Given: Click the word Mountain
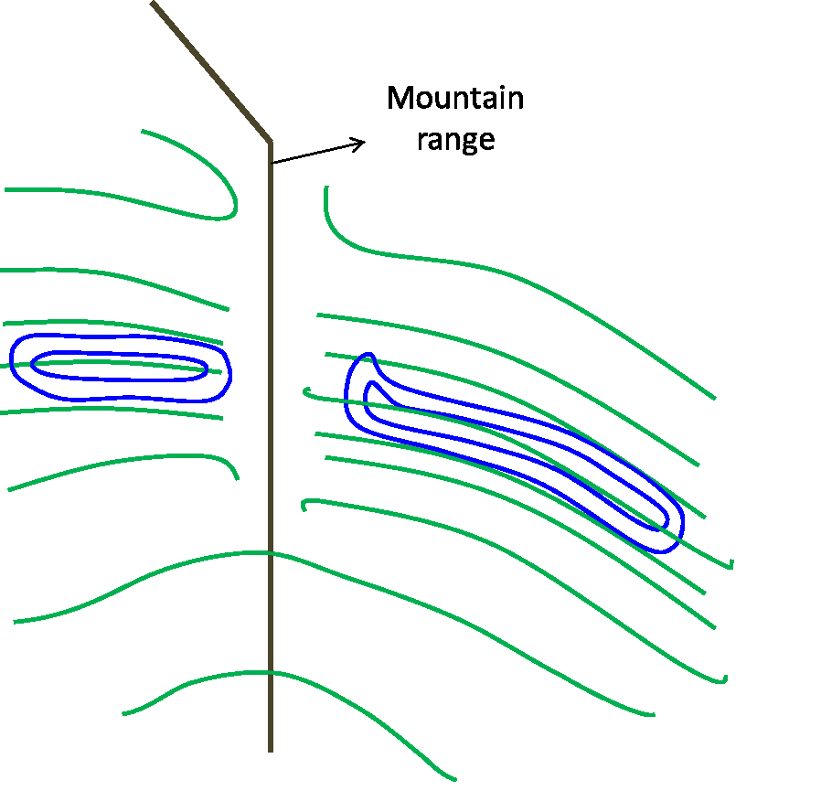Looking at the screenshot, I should click(x=455, y=98).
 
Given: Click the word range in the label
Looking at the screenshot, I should click(x=455, y=140).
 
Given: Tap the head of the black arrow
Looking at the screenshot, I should click(x=364, y=141).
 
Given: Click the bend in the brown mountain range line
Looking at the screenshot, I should click(x=270, y=143).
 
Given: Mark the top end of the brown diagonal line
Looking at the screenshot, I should click(x=153, y=3).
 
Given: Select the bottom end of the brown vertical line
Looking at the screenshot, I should click(x=271, y=750).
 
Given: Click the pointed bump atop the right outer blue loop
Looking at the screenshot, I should click(x=368, y=355).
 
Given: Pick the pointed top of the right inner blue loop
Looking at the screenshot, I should click(x=371, y=383).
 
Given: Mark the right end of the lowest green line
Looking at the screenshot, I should click(x=454, y=780).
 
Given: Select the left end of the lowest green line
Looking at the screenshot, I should click(x=124, y=712).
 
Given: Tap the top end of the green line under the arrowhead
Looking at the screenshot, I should click(x=325, y=188).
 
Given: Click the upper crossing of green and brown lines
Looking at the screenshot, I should click(x=271, y=552).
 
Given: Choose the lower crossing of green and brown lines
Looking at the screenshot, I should click(x=271, y=673).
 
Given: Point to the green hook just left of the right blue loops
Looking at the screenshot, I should click(x=306, y=392).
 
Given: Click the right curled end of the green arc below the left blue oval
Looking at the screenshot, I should click(x=237, y=476).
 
